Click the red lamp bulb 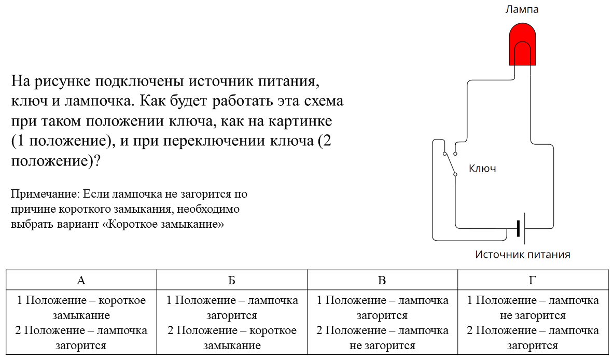click(x=522, y=44)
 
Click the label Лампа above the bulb click(x=522, y=9)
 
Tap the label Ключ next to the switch click(x=482, y=169)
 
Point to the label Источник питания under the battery click(x=522, y=255)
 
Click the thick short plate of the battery click(x=518, y=228)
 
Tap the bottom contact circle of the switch click(x=455, y=174)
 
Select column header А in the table click(x=81, y=280)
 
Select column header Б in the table click(x=232, y=280)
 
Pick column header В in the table click(x=382, y=280)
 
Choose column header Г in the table click(x=533, y=280)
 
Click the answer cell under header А click(x=81, y=323)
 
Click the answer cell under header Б click(x=232, y=323)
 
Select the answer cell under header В click(x=382, y=323)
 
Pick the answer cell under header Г click(x=533, y=323)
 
